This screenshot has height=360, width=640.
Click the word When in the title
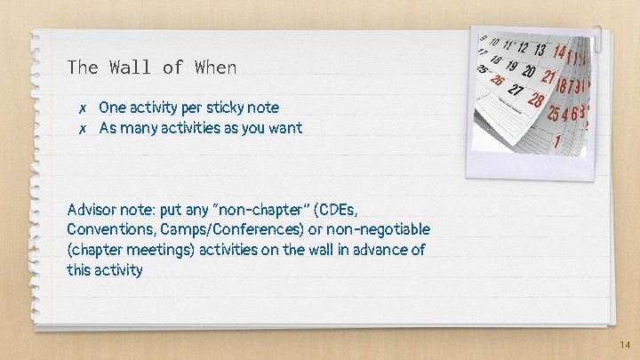coord(217,68)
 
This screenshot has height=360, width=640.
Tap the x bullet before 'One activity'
coord(81,108)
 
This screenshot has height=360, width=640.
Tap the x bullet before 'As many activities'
coord(81,129)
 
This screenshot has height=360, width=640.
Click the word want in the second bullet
coord(284,128)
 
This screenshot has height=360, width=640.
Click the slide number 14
coord(625,343)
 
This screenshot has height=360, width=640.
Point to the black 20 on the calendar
coord(529,72)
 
